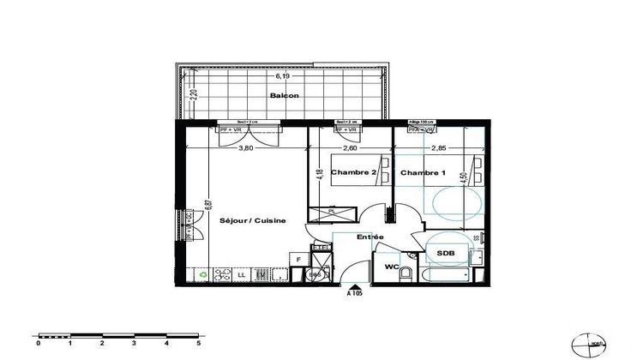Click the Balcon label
click(x=284, y=95)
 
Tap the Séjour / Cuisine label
click(x=252, y=221)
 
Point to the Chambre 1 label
click(x=424, y=172)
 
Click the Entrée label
click(x=370, y=237)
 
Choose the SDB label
click(x=445, y=254)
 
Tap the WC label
click(x=391, y=267)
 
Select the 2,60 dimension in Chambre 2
click(x=350, y=147)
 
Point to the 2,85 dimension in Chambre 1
click(x=437, y=147)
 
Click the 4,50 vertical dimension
click(x=464, y=178)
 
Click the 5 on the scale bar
click(x=198, y=343)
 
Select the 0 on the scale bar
click(x=38, y=343)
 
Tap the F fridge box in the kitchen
click(x=297, y=257)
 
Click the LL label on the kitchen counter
click(x=241, y=275)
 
